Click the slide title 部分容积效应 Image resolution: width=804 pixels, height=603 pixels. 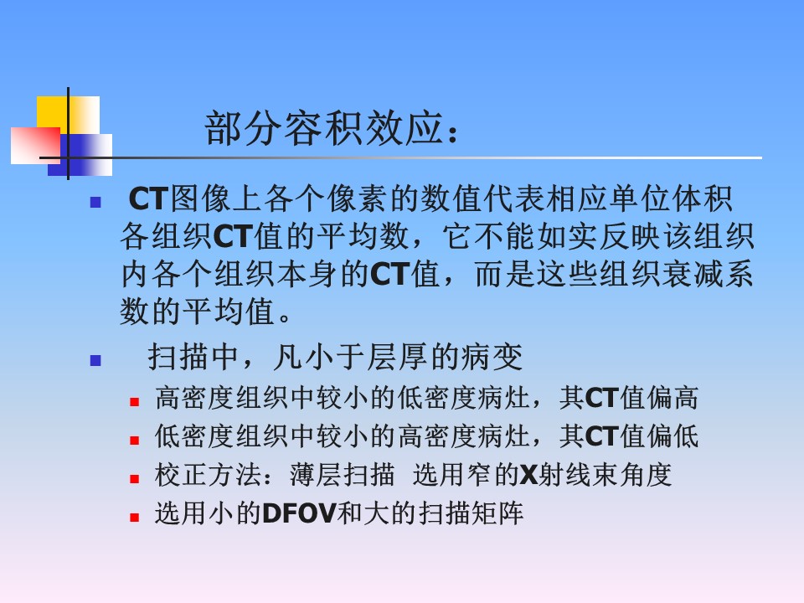click(x=324, y=128)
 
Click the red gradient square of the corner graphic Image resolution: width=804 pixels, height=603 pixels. click(x=35, y=146)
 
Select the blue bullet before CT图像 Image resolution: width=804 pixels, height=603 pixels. click(x=95, y=203)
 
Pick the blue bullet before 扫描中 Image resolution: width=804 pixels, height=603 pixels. click(x=95, y=360)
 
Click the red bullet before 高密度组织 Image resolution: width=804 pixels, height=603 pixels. click(x=134, y=402)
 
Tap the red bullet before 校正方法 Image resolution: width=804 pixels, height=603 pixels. click(x=134, y=479)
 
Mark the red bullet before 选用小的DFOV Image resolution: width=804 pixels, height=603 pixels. click(x=134, y=518)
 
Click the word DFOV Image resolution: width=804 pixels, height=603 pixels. click(x=300, y=513)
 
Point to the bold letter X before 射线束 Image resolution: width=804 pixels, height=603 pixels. click(x=528, y=475)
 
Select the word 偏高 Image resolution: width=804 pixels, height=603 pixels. click(x=673, y=398)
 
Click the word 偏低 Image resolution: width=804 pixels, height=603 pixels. click(x=673, y=436)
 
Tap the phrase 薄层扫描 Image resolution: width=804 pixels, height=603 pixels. click(x=343, y=475)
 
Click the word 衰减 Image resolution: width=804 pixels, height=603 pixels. click(x=693, y=274)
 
